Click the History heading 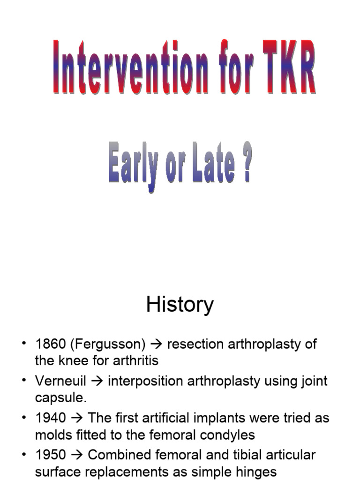(x=180, y=305)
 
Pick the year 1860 (x=50, y=344)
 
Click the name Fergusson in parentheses (x=108, y=344)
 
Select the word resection (x=195, y=344)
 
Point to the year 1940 (x=50, y=417)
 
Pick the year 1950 (x=50, y=454)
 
